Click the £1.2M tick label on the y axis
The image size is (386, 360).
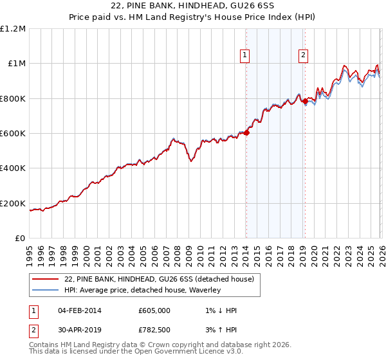pyautogui.click(x=13, y=28)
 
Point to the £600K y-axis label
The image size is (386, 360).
pyautogui.click(x=13, y=134)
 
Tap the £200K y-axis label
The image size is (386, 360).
pyautogui.click(x=13, y=204)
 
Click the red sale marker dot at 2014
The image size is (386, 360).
pyautogui.click(x=246, y=133)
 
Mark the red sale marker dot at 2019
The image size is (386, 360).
pyautogui.click(x=305, y=102)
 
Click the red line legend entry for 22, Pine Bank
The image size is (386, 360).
pyautogui.click(x=160, y=279)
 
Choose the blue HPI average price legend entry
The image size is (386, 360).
pyautogui.click(x=142, y=290)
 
